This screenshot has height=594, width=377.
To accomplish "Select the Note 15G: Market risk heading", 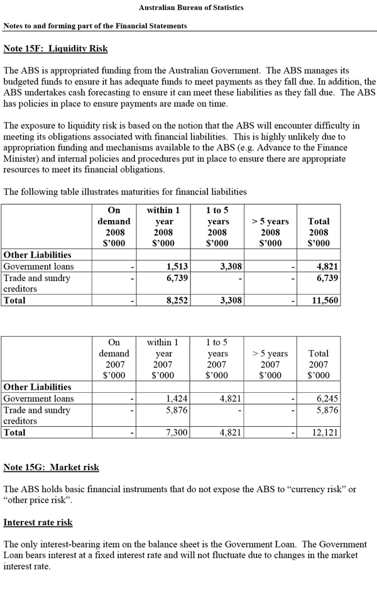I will coord(51,468).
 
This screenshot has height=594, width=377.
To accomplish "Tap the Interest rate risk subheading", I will coord(38,522).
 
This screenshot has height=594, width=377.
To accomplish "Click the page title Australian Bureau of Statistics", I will coord(190,8).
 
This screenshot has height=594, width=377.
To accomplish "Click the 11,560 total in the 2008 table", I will coord(325,300).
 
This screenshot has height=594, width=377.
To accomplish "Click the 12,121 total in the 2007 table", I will coord(325,432).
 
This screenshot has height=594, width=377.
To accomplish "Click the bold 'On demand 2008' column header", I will coord(114,226).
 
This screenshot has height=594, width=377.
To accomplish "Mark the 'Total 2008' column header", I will coord(319,232).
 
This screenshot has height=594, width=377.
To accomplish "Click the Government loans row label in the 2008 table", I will coord(38,267).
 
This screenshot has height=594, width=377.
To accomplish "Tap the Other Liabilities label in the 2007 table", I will coord(38,387).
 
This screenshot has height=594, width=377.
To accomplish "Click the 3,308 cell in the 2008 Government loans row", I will coord(229,267).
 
